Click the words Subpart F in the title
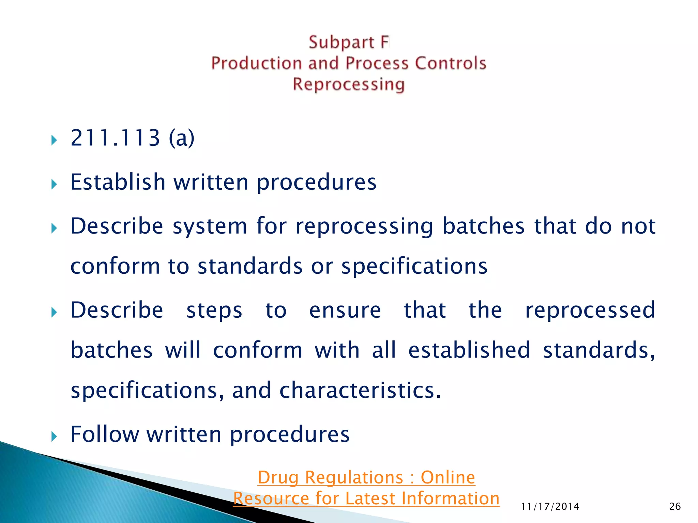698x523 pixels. pos(348,43)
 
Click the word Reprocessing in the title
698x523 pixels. pos(348,84)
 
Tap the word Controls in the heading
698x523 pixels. pos(450,63)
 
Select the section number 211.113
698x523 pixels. pos(115,138)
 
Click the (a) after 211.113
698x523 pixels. pos(182,138)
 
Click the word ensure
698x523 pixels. pos(345,310)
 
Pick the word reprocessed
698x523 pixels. pos(590,310)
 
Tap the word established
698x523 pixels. pos(469,350)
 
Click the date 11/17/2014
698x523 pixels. pos(550,507)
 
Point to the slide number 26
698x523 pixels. pos(675,507)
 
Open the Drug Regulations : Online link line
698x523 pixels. pos(366,477)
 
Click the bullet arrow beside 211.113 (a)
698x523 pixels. pos(54,140)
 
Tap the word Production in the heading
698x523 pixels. pos(256,63)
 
